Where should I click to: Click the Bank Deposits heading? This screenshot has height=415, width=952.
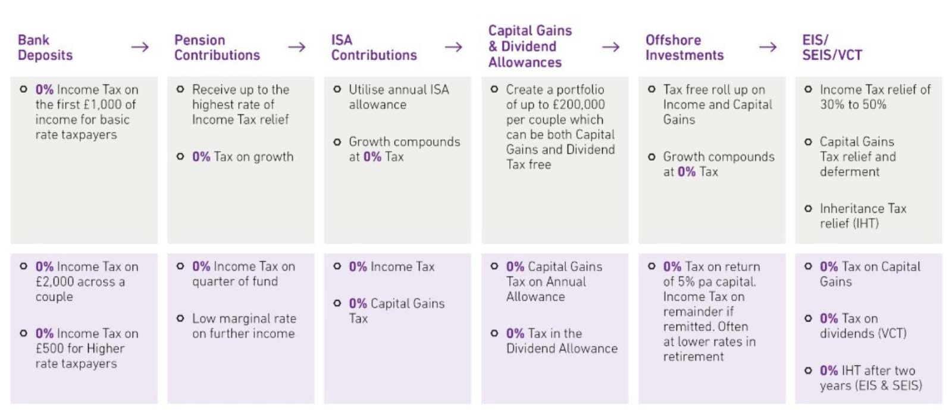(45, 48)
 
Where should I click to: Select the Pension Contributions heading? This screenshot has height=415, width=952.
(217, 48)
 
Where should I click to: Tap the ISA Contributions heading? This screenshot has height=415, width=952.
(374, 48)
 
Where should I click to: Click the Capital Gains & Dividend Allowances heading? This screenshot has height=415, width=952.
(530, 46)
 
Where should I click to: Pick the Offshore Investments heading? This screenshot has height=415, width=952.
(684, 48)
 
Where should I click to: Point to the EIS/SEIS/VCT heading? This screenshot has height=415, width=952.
(832, 48)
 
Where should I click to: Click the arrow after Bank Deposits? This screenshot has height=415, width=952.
(140, 47)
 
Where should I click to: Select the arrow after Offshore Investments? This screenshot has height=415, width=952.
(768, 47)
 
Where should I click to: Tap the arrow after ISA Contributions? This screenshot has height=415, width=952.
(453, 47)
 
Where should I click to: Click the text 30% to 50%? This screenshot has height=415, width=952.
(853, 105)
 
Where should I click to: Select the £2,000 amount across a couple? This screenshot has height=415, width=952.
(57, 282)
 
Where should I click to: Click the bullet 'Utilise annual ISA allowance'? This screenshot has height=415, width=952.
(399, 97)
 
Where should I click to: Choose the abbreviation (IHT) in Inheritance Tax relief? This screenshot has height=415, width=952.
(864, 224)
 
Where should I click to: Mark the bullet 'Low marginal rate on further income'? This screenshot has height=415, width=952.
(243, 326)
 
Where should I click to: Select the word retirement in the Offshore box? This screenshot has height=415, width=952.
(693, 357)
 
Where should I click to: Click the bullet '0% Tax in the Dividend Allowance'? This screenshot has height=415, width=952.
(561, 341)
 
